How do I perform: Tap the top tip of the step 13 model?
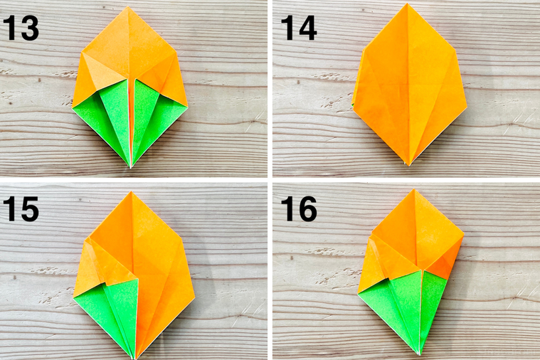click(x=129, y=8)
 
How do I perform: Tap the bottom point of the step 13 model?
click(x=130, y=167)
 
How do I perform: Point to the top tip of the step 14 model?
click(x=408, y=4)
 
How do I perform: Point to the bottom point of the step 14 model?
click(x=408, y=164)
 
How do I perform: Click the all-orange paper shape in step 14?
click(x=408, y=85)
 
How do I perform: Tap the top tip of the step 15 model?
click(x=131, y=191)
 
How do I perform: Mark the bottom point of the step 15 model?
click(x=134, y=356)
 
